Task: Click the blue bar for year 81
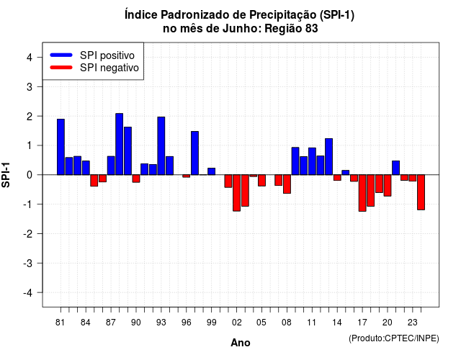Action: [x=61, y=147]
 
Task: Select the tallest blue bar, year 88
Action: [x=119, y=144]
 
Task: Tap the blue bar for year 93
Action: [x=161, y=145]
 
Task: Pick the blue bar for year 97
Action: [x=194, y=153]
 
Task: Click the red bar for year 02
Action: [x=237, y=193]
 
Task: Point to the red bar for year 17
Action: [x=362, y=193]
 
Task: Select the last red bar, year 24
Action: [x=421, y=192]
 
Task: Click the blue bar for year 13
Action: [x=328, y=157]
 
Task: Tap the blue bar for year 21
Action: [x=395, y=168]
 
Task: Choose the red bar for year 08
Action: [x=287, y=184]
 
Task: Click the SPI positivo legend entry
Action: [x=92, y=55]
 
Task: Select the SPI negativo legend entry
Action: [x=94, y=68]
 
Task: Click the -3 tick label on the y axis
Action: [x=28, y=264]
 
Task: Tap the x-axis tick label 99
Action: [x=211, y=323]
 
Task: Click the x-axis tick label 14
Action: [x=337, y=323]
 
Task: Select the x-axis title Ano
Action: [x=240, y=343]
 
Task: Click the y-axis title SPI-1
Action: [x=6, y=175]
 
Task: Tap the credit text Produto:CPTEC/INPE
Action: [x=394, y=338]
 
